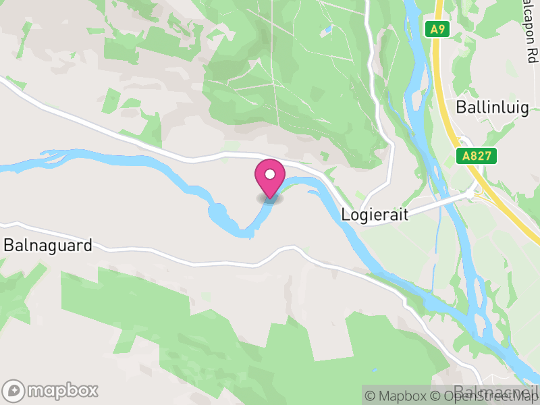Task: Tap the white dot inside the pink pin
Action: pos(270,174)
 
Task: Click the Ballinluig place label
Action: pos(492,107)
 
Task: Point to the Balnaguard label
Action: pos(48,245)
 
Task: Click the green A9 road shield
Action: pos(438,29)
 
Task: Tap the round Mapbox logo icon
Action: pos(14,390)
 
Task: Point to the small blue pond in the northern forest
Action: pos(327,30)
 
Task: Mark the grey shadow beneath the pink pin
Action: pos(270,198)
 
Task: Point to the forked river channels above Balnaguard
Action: pos(54,159)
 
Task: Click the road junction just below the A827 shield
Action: pos(472,192)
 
